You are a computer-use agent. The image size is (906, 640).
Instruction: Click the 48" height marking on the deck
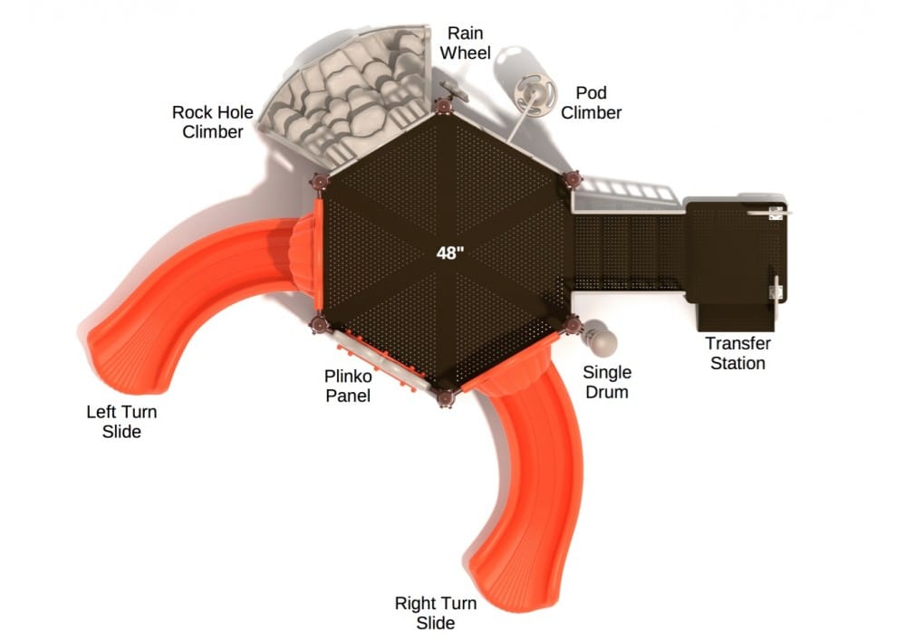450,253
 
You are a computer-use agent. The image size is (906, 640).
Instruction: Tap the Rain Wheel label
465,43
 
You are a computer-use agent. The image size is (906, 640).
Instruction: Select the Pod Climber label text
591,102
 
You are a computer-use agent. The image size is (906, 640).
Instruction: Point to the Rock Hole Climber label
213,122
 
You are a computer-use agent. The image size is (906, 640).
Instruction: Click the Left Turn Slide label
122,422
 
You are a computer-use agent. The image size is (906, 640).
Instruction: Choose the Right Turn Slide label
436,613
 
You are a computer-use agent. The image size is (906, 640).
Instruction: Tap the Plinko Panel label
348,386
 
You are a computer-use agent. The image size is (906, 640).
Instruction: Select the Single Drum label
607,382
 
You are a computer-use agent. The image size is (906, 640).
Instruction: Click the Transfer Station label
737,353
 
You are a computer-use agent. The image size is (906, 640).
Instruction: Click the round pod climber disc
535,94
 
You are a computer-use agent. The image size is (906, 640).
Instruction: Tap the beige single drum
600,339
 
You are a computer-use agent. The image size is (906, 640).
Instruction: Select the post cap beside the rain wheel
444,106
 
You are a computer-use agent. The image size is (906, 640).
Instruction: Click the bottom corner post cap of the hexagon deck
445,398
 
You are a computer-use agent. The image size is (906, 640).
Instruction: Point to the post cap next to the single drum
572,325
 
